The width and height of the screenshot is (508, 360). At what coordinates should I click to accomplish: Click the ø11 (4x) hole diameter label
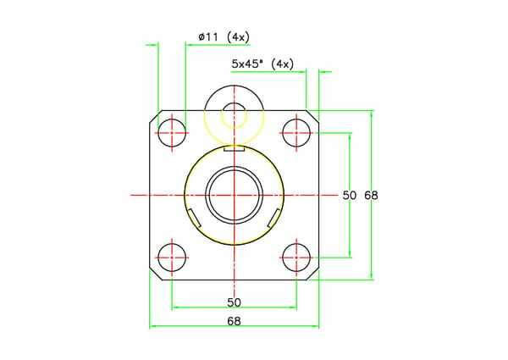click(x=224, y=37)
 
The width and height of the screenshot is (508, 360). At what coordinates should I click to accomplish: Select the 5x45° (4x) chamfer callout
click(x=262, y=64)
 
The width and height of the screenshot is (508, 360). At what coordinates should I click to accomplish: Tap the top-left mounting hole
click(x=172, y=132)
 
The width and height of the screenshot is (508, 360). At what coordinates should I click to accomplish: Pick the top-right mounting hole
click(x=296, y=132)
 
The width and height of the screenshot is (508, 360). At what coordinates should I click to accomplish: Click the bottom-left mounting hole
click(x=172, y=258)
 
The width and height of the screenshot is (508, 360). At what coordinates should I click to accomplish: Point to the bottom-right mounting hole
click(x=296, y=258)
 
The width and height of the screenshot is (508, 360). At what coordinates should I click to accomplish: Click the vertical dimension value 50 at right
click(x=350, y=195)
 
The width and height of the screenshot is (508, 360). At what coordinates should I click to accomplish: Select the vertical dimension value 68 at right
click(x=371, y=195)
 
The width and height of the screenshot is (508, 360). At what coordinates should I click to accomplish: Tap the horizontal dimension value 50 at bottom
click(x=234, y=302)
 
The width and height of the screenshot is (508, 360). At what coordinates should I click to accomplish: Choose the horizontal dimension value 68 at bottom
click(x=234, y=321)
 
